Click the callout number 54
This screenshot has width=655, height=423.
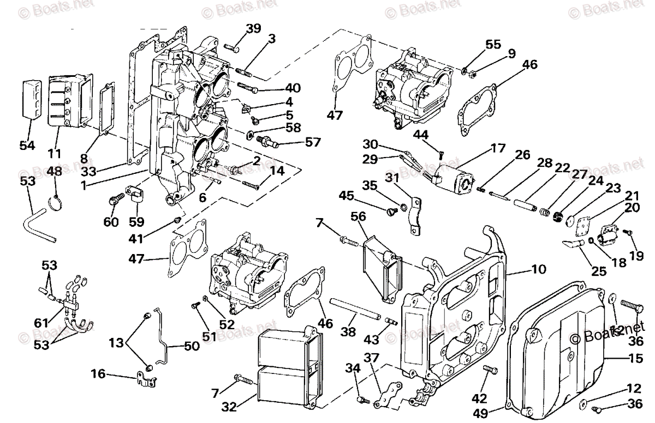click(x=27, y=146)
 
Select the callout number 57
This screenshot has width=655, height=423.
click(x=313, y=142)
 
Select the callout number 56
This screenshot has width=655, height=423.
click(x=358, y=217)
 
